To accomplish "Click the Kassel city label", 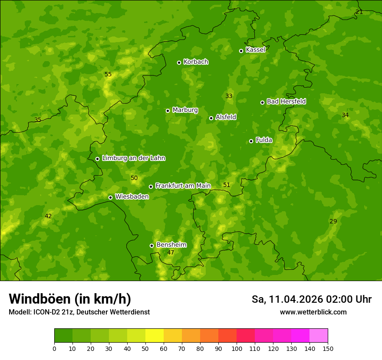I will (x=255, y=50).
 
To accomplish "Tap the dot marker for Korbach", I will (x=179, y=62).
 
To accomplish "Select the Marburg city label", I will (x=185, y=110).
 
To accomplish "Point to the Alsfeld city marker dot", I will (x=211, y=118).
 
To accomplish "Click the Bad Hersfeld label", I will (x=286, y=101).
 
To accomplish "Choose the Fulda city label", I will (x=264, y=140).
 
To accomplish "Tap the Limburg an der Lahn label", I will (x=133, y=158).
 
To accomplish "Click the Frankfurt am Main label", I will (x=183, y=186).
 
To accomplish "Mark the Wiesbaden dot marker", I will (x=110, y=197).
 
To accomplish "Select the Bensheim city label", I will (x=171, y=245).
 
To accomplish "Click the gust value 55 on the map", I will (x=108, y=75).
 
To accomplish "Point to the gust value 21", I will (x=359, y=12).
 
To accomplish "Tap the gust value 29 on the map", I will (x=333, y=222).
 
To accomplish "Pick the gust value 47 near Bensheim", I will (x=171, y=253).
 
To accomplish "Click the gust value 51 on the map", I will (x=227, y=185).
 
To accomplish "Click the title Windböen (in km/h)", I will (x=70, y=299).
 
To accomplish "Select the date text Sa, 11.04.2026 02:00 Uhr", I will (x=312, y=299).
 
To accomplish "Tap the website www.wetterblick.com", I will (x=313, y=312).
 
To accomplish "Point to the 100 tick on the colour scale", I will (x=237, y=348).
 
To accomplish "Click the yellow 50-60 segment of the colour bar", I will (x=155, y=336).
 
